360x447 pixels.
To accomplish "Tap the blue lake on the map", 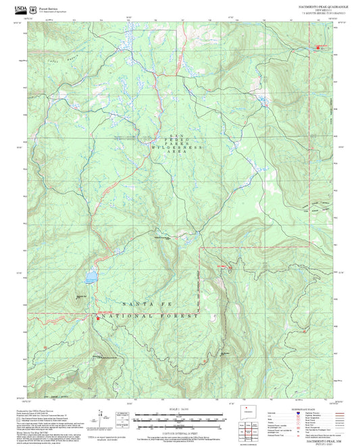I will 90,278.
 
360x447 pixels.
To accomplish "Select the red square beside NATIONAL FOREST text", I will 97,318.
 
